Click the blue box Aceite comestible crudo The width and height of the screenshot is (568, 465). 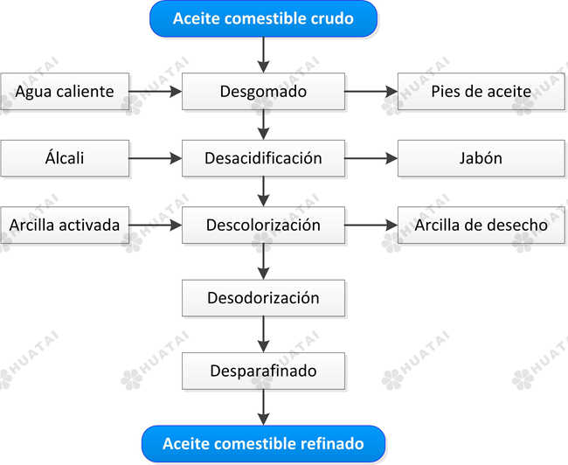click(x=263, y=19)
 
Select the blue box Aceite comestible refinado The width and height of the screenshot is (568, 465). click(x=263, y=444)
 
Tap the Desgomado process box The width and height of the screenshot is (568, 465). click(x=263, y=91)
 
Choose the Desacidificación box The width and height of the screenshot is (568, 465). click(x=263, y=158)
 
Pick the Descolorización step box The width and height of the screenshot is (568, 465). click(x=263, y=225)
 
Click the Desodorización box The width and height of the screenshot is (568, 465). click(x=263, y=298)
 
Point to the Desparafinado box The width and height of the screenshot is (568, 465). click(x=263, y=371)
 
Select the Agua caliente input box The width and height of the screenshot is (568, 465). click(x=65, y=91)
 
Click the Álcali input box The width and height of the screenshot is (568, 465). click(x=65, y=158)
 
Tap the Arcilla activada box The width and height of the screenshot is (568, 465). click(x=65, y=225)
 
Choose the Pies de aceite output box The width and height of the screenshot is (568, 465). click(x=481, y=91)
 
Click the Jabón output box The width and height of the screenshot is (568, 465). click(x=481, y=158)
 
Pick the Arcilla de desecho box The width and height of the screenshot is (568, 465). click(x=481, y=225)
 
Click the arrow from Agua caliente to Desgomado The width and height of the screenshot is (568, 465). click(x=156, y=91)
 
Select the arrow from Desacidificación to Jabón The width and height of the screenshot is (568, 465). click(x=371, y=158)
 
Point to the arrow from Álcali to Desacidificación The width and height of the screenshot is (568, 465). click(x=156, y=158)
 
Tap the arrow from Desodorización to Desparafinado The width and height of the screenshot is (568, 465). click(x=263, y=335)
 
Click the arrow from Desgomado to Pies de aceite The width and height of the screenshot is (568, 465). click(x=371, y=91)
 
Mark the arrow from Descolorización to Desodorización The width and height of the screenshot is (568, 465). click(x=263, y=261)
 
